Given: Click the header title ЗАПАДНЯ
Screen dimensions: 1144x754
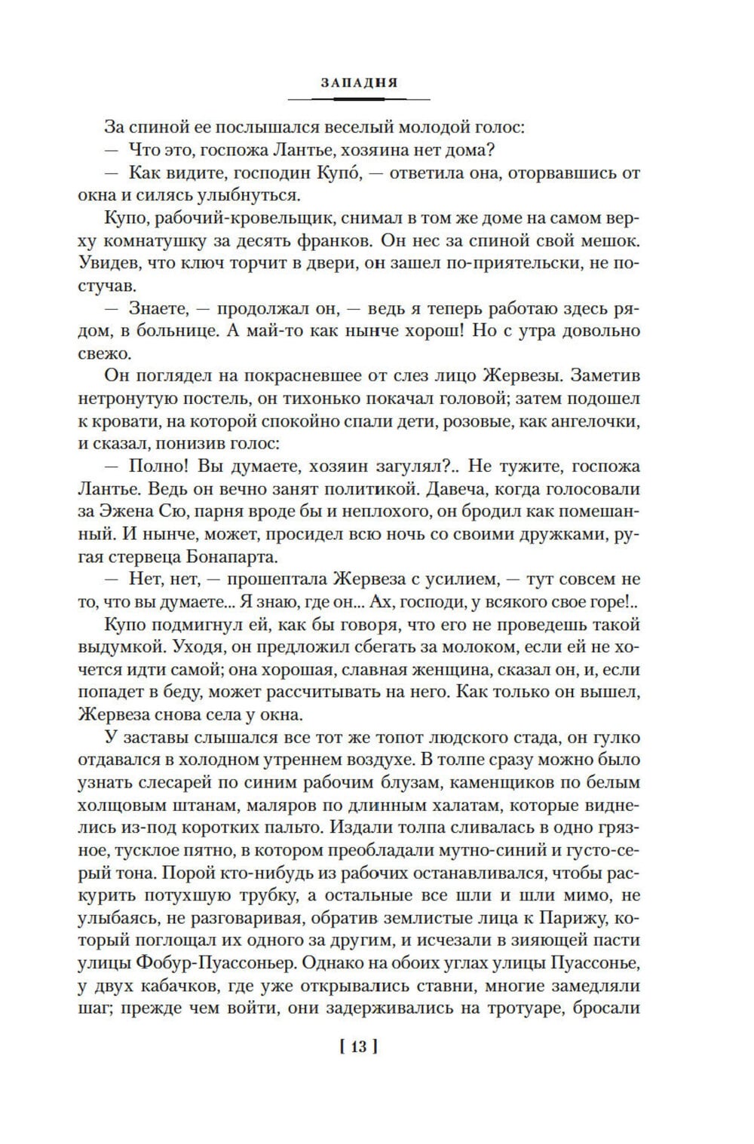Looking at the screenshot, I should coord(359,83).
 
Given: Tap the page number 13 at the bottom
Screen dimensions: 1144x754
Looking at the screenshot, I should coord(359,1046).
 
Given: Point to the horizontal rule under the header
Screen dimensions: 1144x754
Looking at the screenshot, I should coord(359,99).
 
